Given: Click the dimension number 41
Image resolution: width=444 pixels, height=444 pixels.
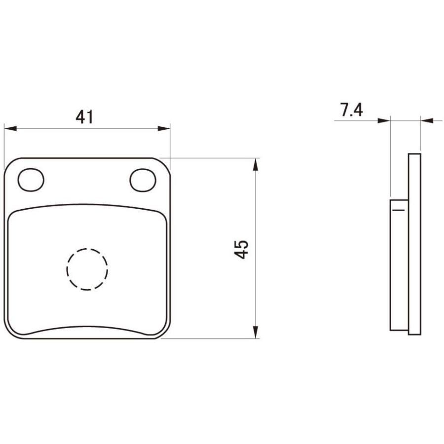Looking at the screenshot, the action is coord(84,117).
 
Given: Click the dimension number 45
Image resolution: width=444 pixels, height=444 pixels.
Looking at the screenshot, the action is coord(241,250).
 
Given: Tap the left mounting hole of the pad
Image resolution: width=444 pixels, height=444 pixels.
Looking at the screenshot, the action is coord(31,180).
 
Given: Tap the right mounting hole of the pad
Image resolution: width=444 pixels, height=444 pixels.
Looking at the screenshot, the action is coord(143,180).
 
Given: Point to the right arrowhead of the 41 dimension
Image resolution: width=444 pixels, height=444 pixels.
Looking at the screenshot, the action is coord(164,129).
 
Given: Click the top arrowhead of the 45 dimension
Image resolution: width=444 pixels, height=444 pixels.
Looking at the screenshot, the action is coord(256,164).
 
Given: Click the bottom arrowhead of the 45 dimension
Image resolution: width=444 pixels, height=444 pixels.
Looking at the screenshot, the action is coord(256,332).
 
